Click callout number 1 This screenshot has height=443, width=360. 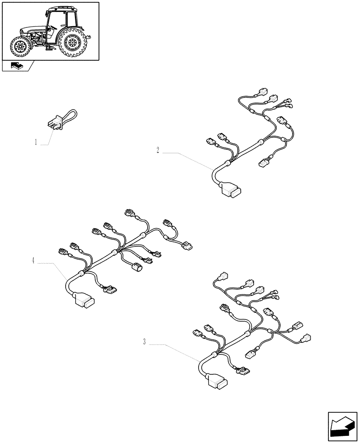[35, 143]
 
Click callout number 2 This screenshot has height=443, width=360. [157, 150]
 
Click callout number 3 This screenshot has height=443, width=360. [145, 342]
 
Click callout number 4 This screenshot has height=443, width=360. [33, 260]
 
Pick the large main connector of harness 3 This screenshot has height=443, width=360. [218, 382]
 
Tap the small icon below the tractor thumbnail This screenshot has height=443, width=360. [16, 66]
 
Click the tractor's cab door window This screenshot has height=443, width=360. [54, 27]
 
